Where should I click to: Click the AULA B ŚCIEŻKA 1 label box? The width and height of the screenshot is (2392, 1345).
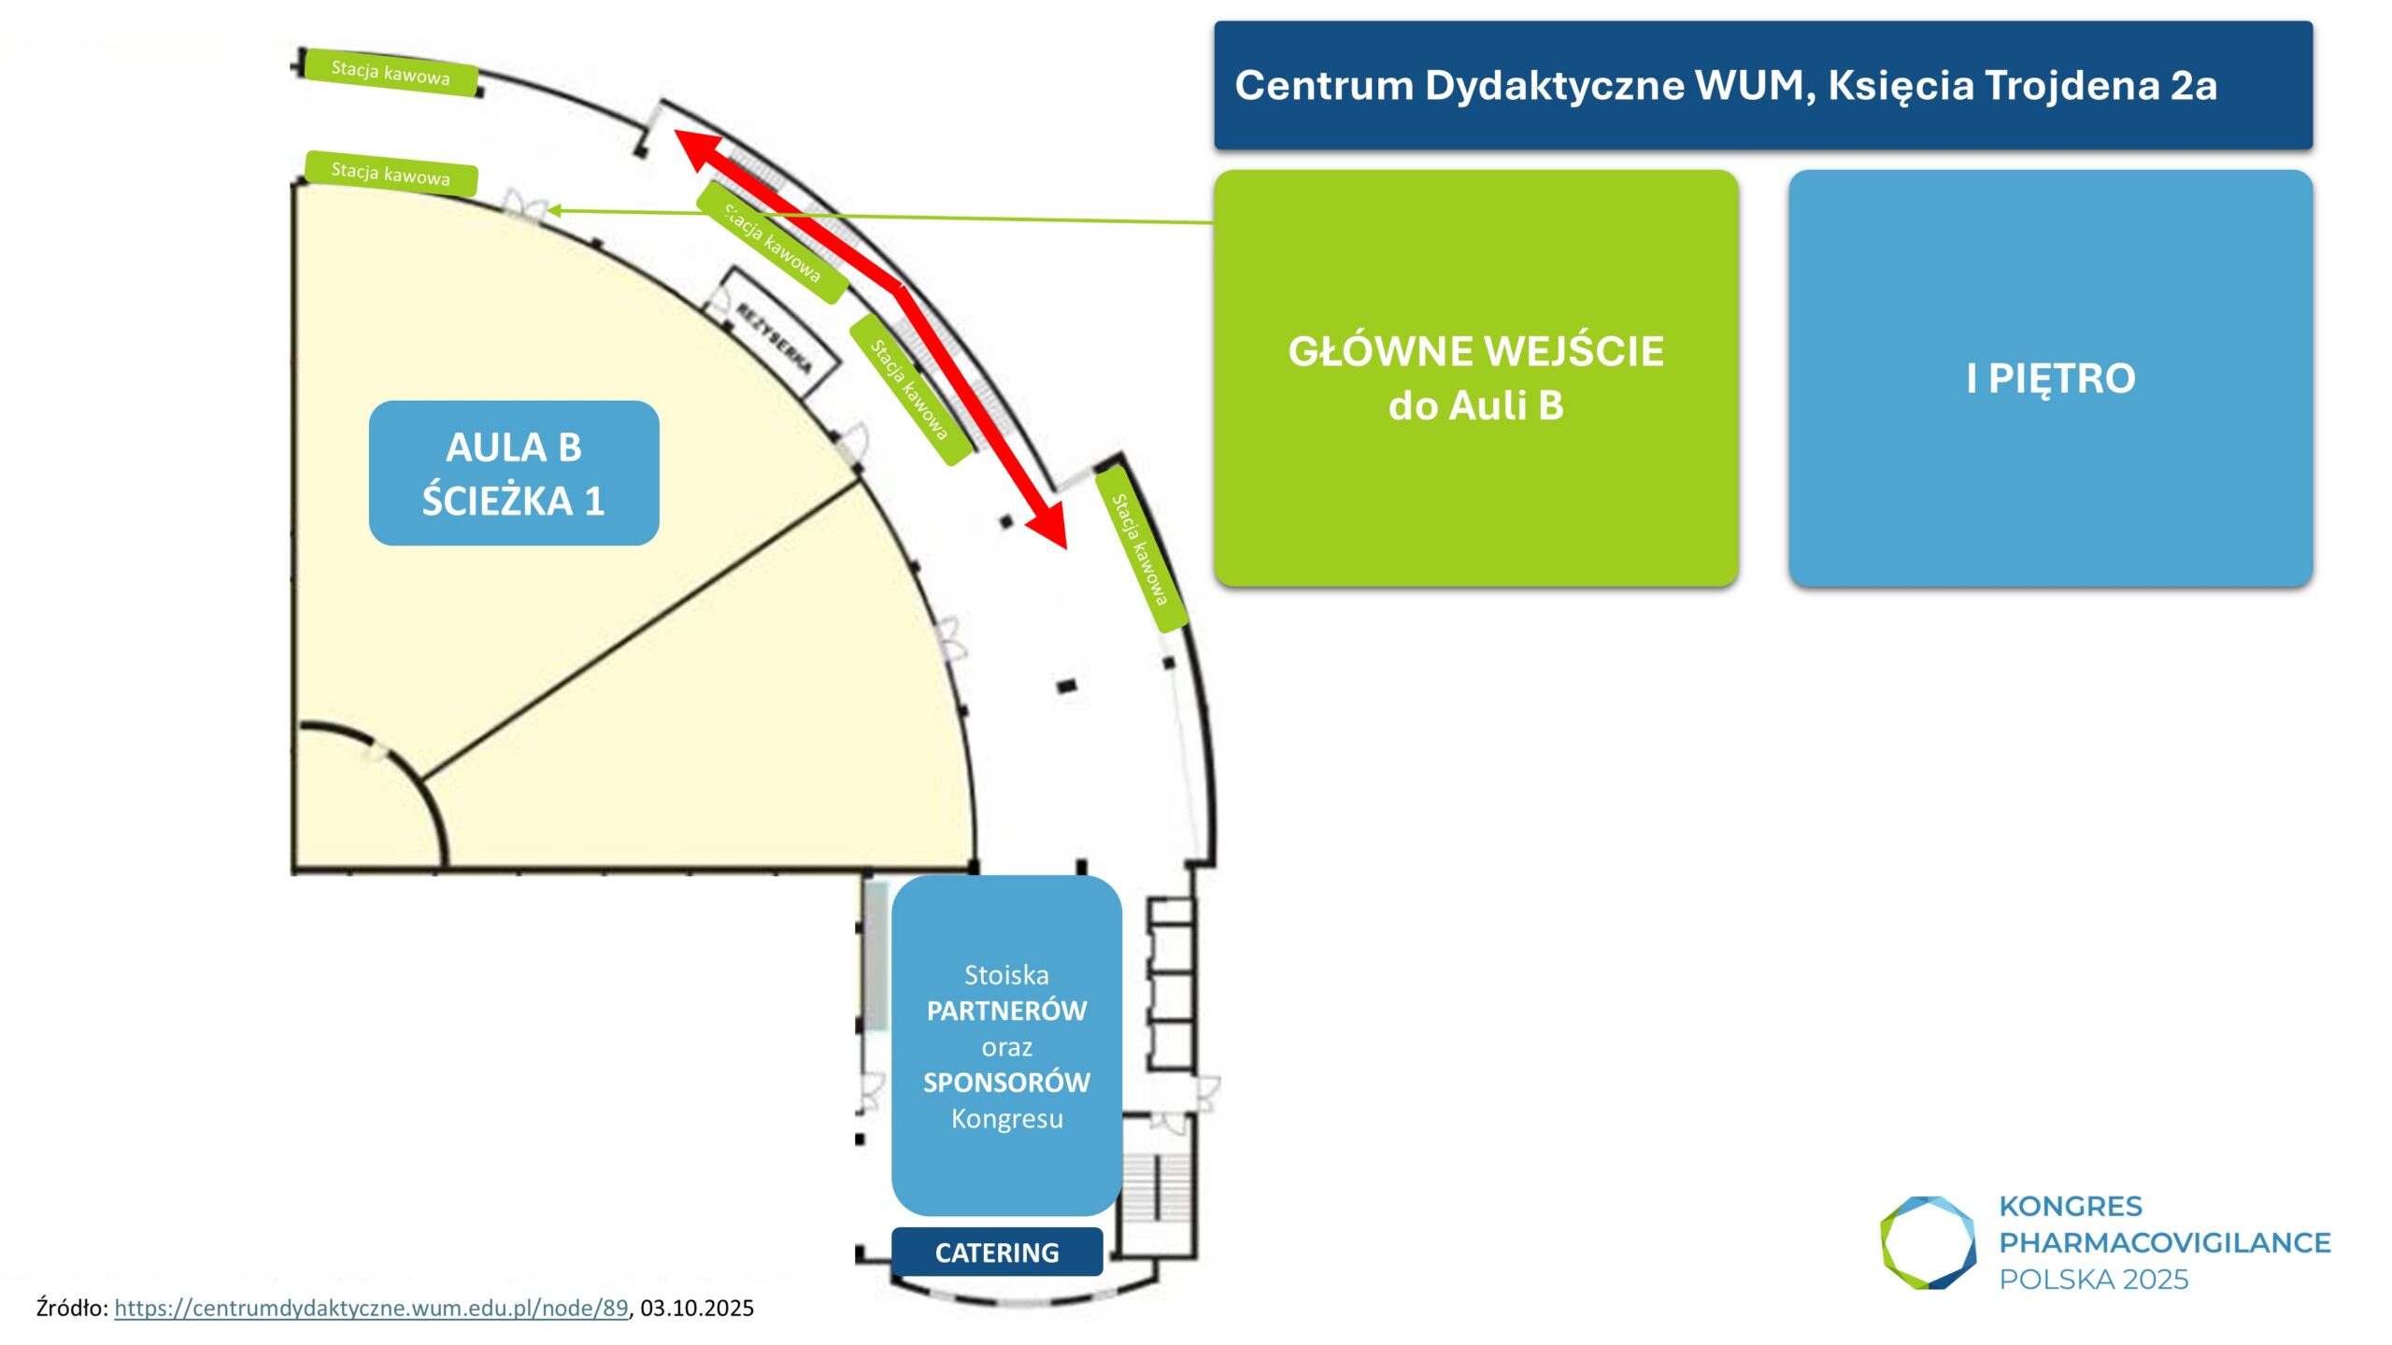tap(514, 474)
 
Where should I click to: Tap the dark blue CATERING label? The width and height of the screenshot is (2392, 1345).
tap(997, 1253)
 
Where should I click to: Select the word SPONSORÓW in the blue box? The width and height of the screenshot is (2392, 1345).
tap(1006, 1083)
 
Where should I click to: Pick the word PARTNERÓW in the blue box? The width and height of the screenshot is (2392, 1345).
tap(1006, 1011)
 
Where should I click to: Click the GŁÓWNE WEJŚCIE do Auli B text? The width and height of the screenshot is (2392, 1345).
tap(1475, 378)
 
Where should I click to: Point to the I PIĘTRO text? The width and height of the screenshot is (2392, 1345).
tap(2051, 378)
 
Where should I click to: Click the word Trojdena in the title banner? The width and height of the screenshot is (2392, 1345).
tap(2071, 85)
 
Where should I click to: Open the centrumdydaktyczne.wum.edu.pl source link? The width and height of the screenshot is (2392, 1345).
tap(371, 1308)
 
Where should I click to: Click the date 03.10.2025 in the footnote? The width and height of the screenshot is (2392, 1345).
tap(697, 1308)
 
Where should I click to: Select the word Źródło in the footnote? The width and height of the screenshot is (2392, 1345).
tap(71, 1308)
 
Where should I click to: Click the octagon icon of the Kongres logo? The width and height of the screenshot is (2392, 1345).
tap(1928, 1242)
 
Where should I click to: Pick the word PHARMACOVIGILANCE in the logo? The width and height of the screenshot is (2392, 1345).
tap(2165, 1242)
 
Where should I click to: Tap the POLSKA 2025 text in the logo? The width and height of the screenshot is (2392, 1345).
tap(2094, 1279)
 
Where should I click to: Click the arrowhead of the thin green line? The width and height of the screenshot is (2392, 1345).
tap(553, 211)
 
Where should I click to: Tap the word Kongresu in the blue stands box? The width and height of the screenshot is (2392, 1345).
tap(1006, 1118)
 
